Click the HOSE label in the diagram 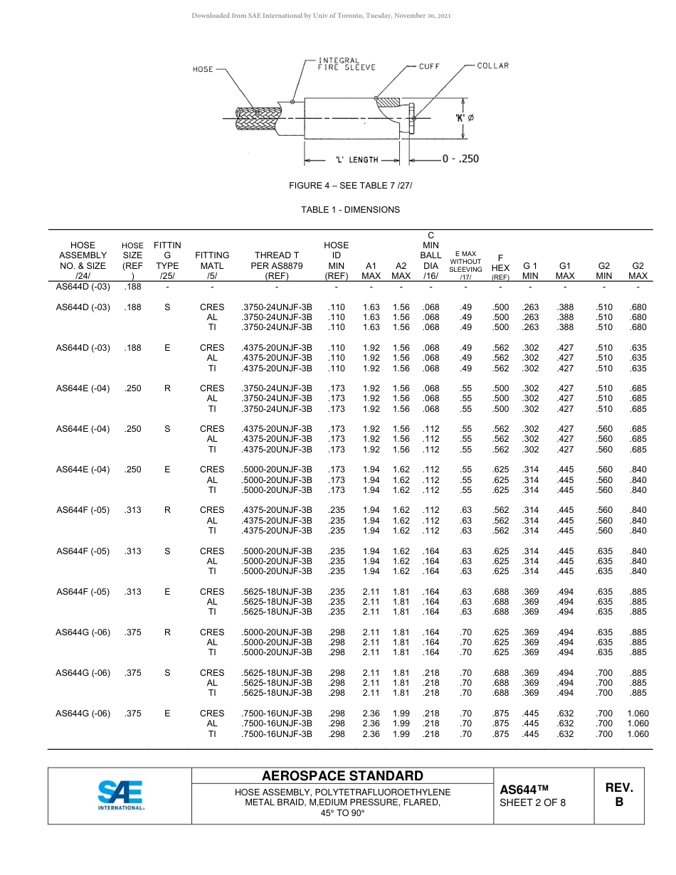point(203,69)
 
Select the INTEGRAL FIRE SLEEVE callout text point(346,64)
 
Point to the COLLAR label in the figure point(492,65)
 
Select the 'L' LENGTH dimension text point(357,160)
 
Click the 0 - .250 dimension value point(460,159)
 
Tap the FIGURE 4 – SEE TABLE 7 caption point(350,186)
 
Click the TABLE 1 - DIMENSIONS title point(350,210)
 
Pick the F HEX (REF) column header point(500,267)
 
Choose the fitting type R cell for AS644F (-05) point(167,510)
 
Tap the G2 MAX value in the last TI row point(638,734)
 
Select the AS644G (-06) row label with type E point(83,714)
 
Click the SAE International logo point(120,795)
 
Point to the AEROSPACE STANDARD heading point(342,776)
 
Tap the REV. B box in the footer point(618,795)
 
